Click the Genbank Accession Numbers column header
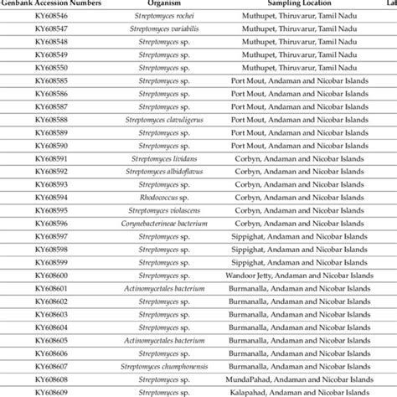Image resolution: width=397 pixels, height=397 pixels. (x=54, y=4)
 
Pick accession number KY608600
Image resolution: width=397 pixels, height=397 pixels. (x=53, y=276)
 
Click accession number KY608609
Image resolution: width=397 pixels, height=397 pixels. (x=53, y=391)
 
